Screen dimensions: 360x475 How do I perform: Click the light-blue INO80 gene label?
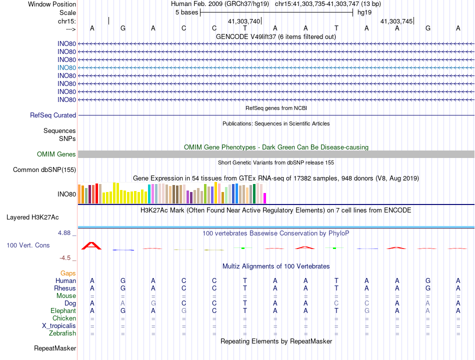66,67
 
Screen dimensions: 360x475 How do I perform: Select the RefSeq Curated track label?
53,115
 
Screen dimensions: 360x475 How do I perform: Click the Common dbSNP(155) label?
44,170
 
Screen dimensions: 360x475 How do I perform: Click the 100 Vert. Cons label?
28,245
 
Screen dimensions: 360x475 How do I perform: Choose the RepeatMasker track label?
55,348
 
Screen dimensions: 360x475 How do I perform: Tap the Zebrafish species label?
62,333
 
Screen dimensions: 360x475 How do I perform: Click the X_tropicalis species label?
59,325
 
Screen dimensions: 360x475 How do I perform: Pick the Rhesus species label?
65,288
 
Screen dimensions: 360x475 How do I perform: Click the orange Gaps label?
68,273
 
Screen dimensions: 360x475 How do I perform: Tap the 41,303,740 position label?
244,21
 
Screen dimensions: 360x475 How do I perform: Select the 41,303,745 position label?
396,21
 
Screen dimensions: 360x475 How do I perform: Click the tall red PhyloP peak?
92,245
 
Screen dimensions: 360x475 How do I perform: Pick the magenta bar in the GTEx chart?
265,198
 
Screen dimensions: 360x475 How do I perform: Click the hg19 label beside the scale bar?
364,12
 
